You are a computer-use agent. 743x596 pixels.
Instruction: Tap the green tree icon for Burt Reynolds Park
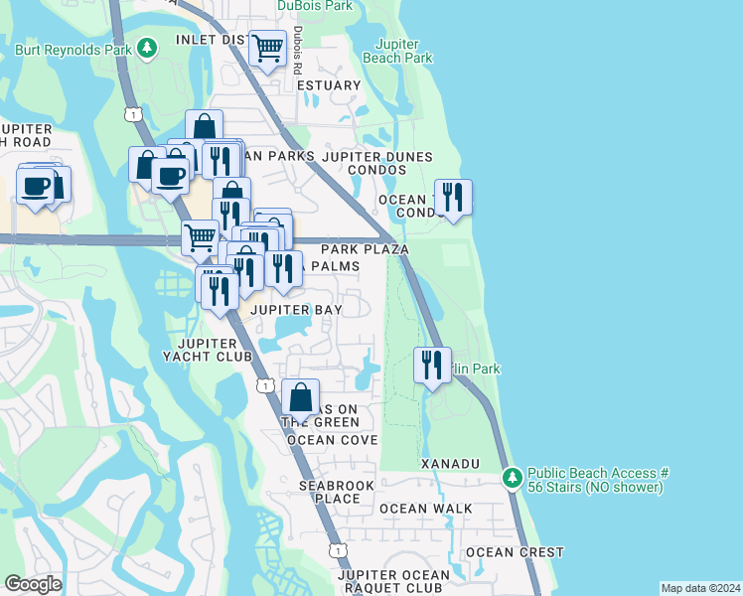(148, 47)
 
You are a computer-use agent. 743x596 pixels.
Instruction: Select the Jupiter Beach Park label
(404, 51)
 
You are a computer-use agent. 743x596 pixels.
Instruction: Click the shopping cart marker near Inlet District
(267, 48)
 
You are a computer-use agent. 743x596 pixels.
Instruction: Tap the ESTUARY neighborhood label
(329, 85)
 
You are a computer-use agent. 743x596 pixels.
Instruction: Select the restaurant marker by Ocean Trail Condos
(453, 197)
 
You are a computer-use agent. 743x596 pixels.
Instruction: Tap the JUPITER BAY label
(295, 310)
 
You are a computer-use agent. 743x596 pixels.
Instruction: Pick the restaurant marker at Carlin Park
(431, 365)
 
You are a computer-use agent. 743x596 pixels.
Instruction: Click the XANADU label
(450, 464)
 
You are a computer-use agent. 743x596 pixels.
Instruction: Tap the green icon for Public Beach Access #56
(513, 479)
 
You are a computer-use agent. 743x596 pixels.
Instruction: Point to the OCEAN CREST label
(515, 552)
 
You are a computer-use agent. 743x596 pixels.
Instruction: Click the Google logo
(34, 584)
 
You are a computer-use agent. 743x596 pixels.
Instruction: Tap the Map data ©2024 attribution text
(699, 588)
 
